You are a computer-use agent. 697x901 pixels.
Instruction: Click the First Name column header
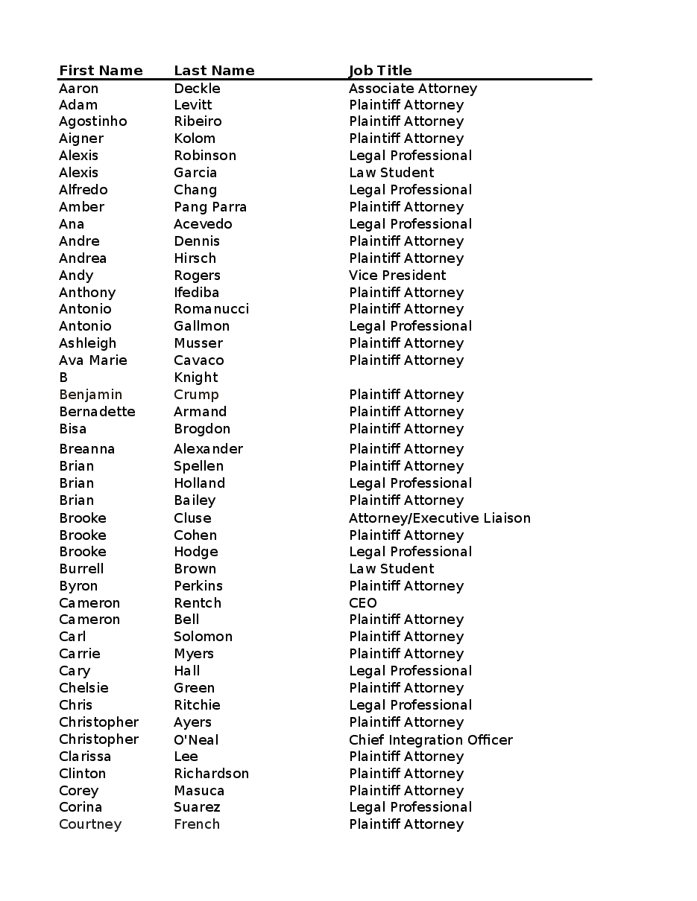tap(101, 71)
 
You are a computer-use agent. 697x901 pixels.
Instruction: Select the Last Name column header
tap(214, 71)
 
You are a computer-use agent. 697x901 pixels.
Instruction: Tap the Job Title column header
tap(380, 71)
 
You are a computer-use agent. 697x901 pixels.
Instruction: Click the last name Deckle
tap(197, 89)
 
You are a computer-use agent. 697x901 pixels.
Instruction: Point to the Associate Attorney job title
tap(412, 89)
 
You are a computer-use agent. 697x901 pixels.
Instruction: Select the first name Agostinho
tap(92, 121)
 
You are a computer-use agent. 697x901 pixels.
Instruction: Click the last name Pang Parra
tap(210, 207)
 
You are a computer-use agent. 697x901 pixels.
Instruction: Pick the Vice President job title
tap(397, 276)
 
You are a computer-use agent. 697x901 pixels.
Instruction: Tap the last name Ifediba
tap(196, 293)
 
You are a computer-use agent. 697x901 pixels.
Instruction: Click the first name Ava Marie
tap(92, 360)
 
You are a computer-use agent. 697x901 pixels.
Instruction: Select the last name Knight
tap(196, 378)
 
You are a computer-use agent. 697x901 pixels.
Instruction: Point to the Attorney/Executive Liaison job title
tap(439, 518)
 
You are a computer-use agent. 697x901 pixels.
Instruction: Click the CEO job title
tap(363, 603)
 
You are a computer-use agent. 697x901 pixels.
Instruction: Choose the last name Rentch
tap(198, 603)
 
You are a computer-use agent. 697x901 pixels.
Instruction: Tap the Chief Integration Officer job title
tap(430, 740)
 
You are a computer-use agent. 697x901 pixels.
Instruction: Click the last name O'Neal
tap(196, 740)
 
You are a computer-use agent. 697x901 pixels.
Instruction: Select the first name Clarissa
tap(85, 757)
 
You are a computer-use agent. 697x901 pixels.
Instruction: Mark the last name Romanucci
tap(211, 309)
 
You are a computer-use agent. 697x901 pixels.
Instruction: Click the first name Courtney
tap(90, 824)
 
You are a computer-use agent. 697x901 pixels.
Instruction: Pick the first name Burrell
tap(81, 569)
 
